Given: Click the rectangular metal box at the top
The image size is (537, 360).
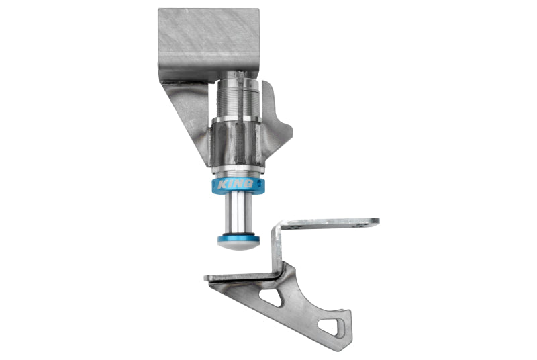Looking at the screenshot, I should [x=208, y=37].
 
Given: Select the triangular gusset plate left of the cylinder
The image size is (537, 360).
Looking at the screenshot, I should [x=185, y=107].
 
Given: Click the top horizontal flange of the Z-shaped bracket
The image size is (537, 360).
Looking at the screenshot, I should [x=329, y=222].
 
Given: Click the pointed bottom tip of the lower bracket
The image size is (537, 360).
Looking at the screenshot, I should [x=344, y=336].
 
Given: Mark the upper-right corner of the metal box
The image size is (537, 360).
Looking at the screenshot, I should [x=257, y=10].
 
